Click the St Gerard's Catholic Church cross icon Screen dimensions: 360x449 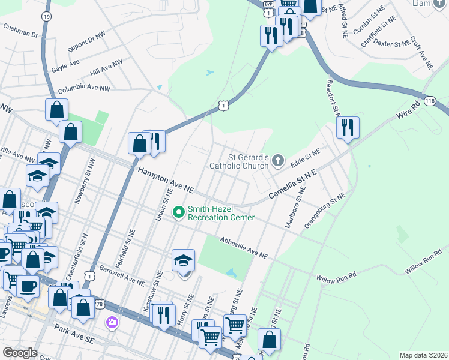[x=277, y=160]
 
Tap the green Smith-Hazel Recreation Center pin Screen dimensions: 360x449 [x=178, y=212]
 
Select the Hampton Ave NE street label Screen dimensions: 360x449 [x=166, y=180]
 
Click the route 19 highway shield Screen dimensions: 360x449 [x=46, y=17]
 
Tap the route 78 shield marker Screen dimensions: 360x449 [x=99, y=305]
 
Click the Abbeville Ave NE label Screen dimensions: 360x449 [x=243, y=247]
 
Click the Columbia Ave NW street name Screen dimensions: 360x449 [x=84, y=89]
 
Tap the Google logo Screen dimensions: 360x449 [x=20, y=353]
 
